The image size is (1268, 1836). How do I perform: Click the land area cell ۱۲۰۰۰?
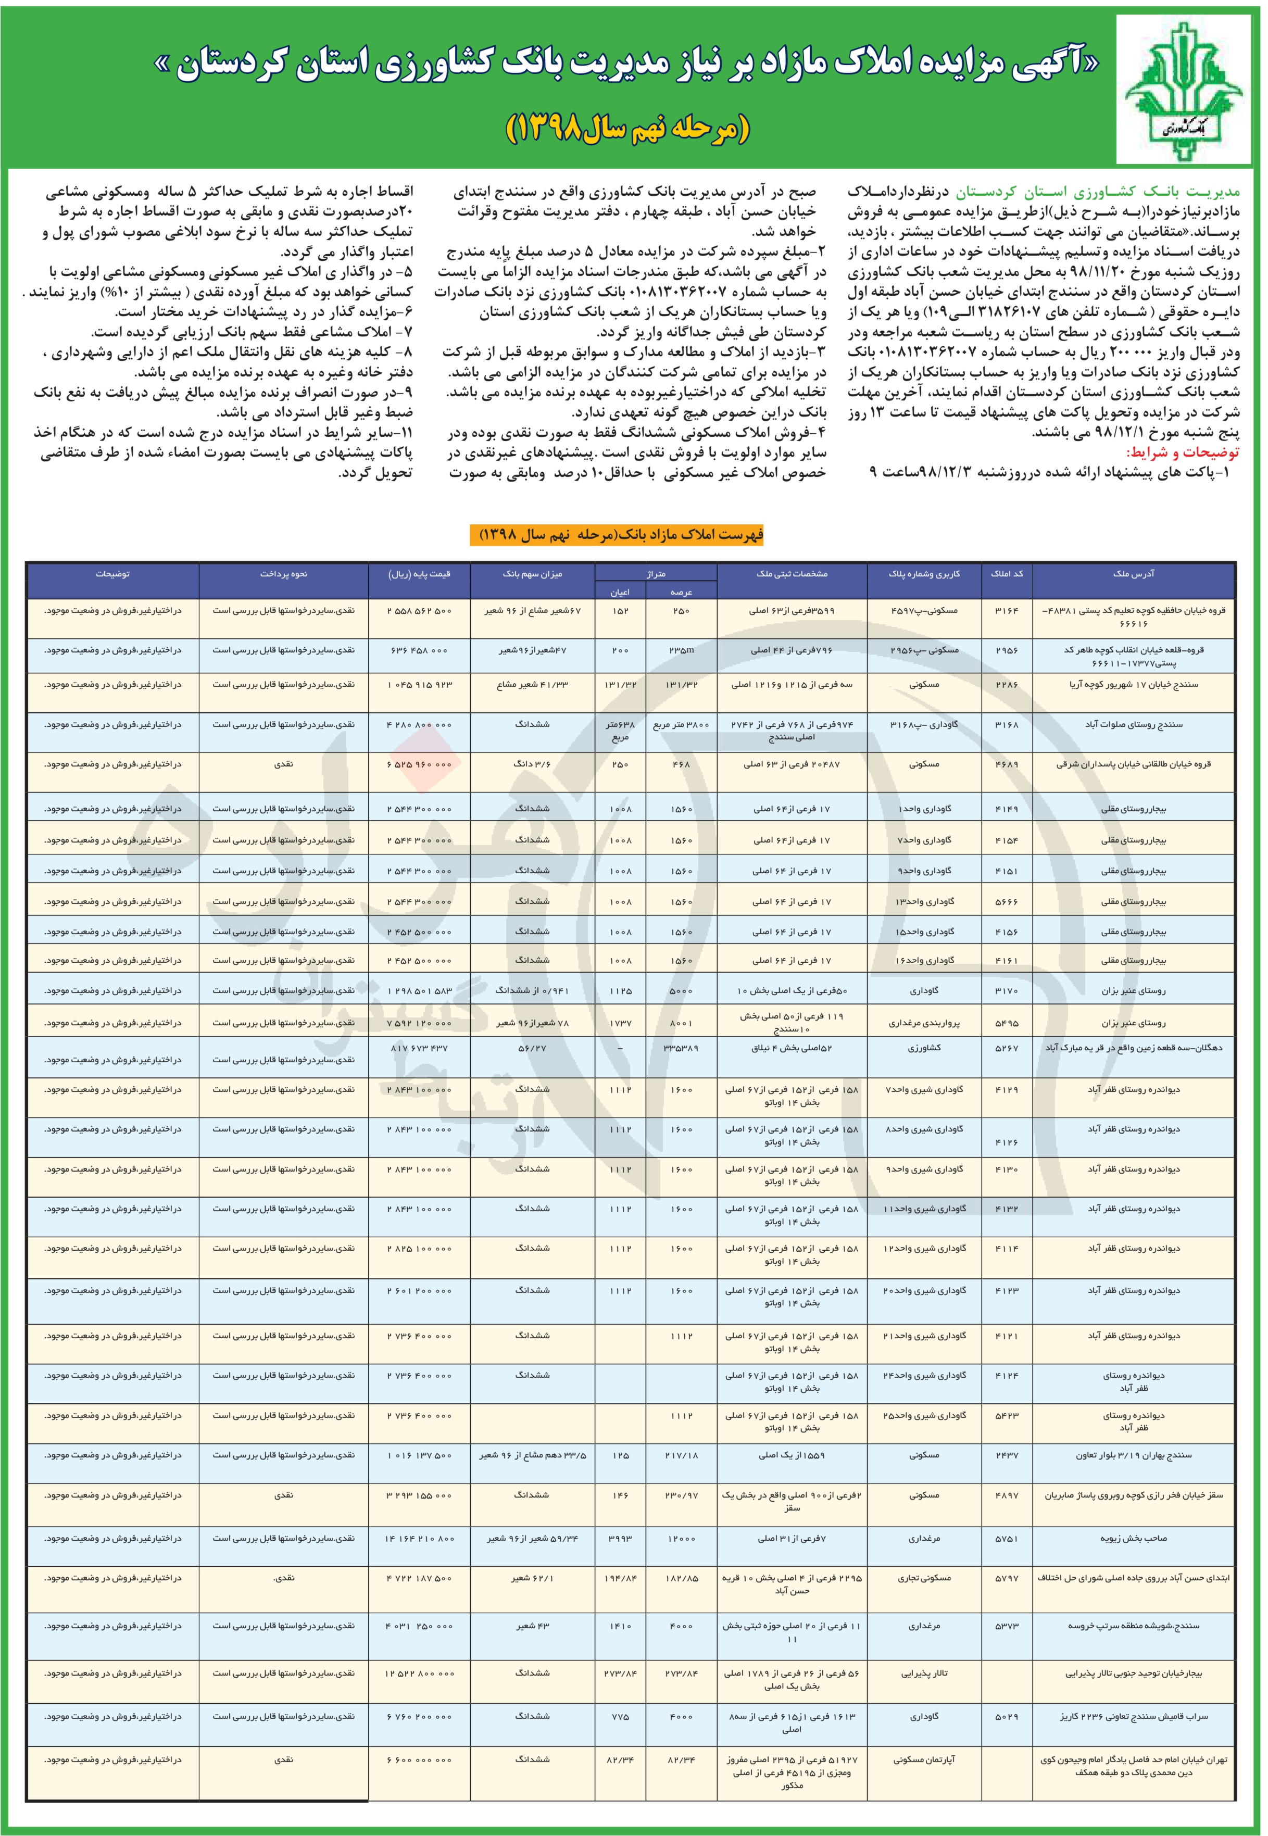(x=682, y=1538)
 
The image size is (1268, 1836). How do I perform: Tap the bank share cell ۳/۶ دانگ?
(x=532, y=764)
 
